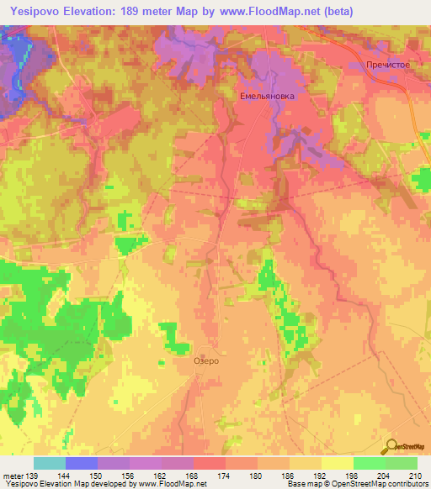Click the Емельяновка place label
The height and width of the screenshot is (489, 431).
point(267,97)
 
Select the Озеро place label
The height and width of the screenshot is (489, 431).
point(206,360)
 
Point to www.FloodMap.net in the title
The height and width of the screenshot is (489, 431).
point(266,11)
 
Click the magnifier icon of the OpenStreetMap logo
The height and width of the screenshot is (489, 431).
point(391,446)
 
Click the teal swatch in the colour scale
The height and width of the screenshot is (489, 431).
point(50,464)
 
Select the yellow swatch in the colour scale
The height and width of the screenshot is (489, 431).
point(338,464)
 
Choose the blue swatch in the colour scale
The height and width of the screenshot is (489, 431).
point(82,464)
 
